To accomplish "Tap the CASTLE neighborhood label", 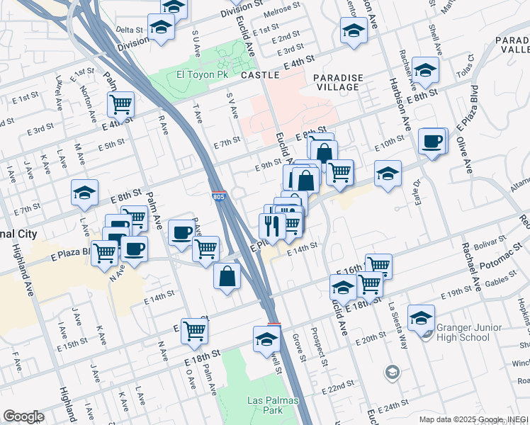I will click(259, 74).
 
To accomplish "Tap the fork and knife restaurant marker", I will click(271, 226).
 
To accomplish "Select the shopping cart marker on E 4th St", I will click(121, 105).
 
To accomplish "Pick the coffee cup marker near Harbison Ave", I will click(432, 142).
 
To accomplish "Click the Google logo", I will click(23, 416).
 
